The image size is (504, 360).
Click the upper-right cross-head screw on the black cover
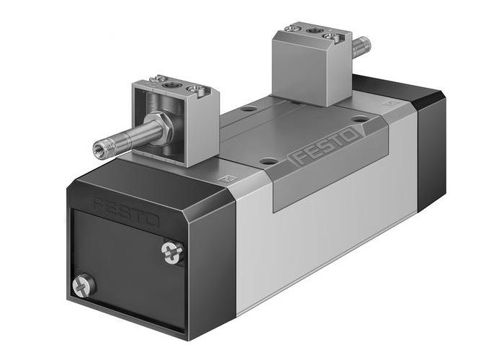click(174, 251)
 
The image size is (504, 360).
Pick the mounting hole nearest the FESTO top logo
click(357, 117)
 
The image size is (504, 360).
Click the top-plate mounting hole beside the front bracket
click(248, 109)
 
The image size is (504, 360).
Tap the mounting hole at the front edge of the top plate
click(267, 161)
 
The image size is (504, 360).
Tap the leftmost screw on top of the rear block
click(293, 28)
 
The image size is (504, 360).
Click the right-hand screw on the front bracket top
click(192, 89)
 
